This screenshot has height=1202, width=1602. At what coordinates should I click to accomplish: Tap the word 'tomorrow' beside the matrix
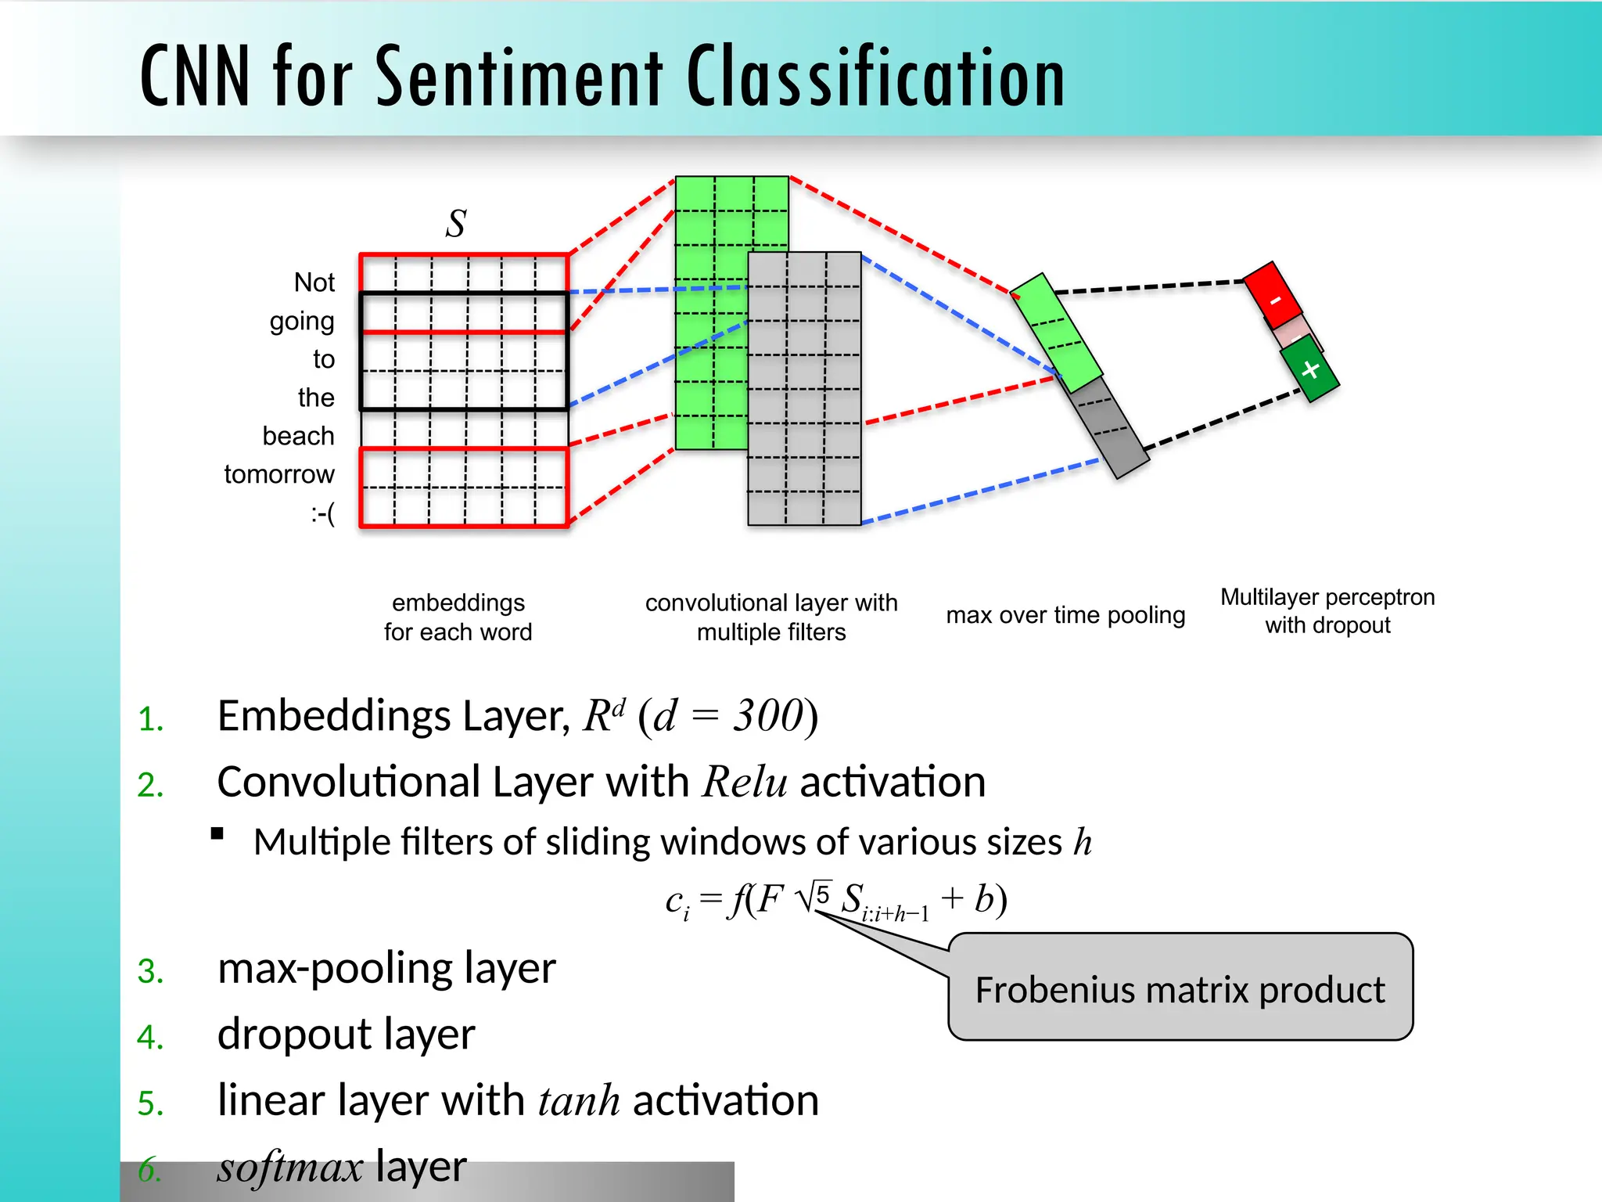[278, 474]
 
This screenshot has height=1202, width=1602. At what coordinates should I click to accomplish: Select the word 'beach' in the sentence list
[298, 436]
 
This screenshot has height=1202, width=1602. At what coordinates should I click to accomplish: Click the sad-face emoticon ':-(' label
[322, 513]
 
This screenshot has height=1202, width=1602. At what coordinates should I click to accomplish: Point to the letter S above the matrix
[456, 224]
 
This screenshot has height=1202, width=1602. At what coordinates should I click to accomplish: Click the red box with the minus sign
[1273, 296]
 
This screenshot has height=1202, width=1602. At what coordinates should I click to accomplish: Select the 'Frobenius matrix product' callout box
[1180, 988]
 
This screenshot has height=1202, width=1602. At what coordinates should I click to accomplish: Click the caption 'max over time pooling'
[1065, 615]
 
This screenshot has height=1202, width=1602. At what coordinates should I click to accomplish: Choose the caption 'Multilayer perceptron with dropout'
[1327, 611]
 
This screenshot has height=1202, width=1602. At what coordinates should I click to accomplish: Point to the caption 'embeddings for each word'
[458, 617]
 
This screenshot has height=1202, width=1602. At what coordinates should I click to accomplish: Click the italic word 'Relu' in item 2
[745, 782]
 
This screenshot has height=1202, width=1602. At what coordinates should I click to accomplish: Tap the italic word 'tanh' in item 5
[579, 1100]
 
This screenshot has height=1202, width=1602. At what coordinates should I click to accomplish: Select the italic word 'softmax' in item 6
[289, 1167]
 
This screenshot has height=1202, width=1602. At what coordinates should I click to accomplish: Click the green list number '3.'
[150, 971]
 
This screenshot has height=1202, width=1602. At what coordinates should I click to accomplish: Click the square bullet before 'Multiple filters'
[217, 833]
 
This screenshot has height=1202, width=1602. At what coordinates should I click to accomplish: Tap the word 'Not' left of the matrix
[314, 283]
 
